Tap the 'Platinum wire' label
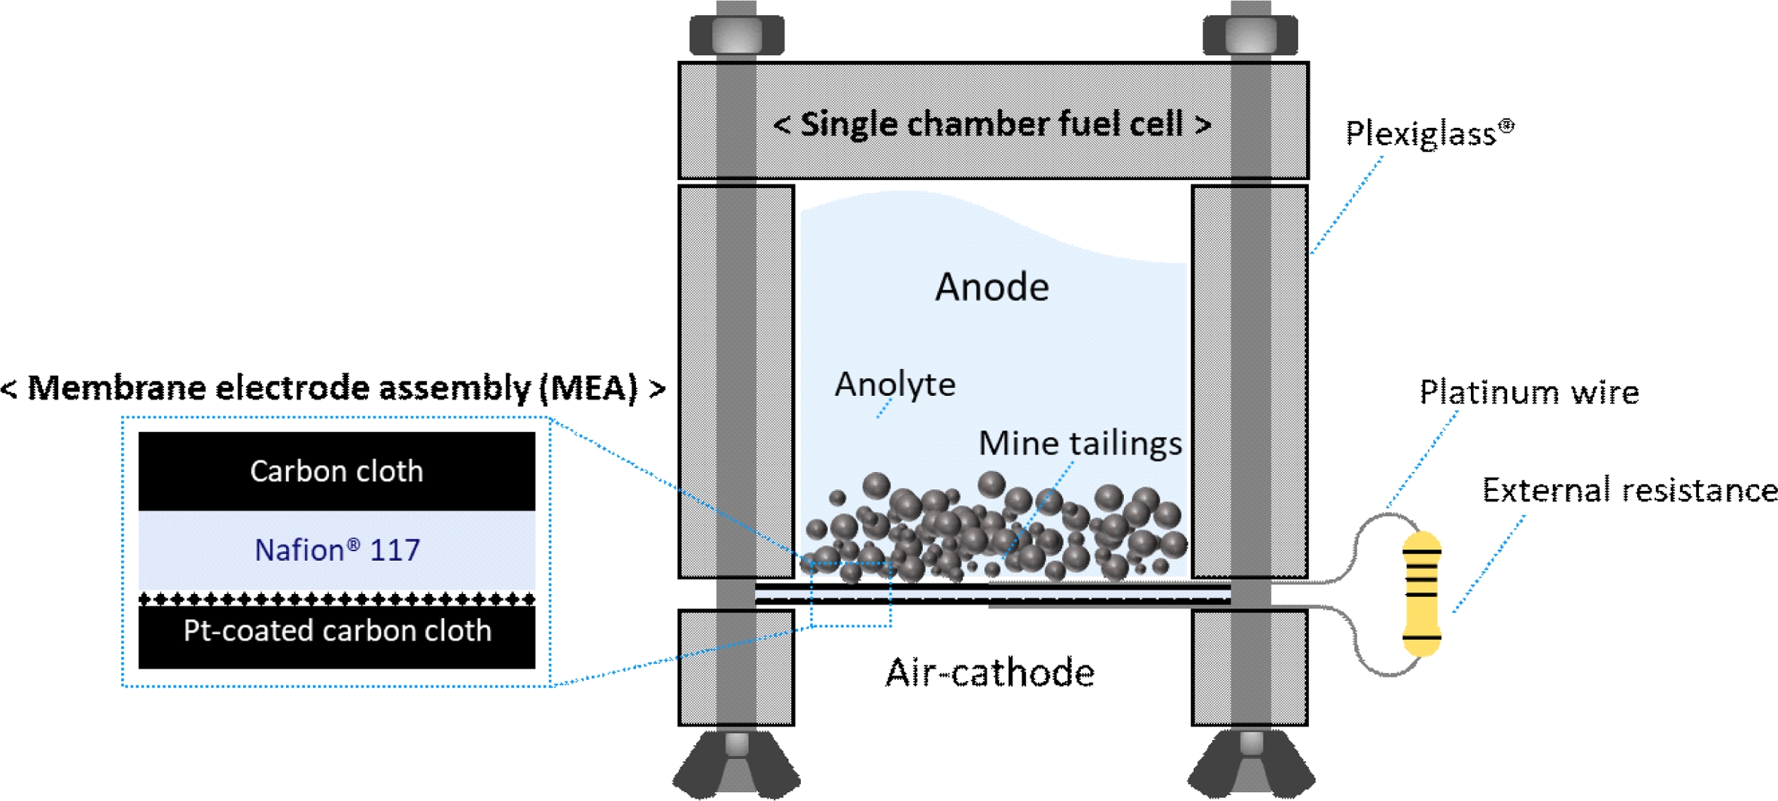coord(1528,392)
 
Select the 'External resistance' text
coord(1629,490)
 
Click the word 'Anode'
coord(991,287)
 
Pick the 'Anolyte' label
coord(895,385)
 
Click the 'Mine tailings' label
coord(1079,443)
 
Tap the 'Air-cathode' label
coord(989,672)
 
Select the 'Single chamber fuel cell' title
coord(991,124)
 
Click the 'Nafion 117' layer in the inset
coord(336,550)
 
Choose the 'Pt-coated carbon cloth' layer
coord(336,631)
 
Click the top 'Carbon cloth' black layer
coord(336,471)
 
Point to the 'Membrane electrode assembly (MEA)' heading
coord(333,388)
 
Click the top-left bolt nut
coord(736,34)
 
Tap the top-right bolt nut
coord(1250,34)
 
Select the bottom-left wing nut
coord(736,764)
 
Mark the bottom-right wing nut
coord(1251,764)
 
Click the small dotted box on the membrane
coord(851,594)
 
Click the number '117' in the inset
coord(394,550)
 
